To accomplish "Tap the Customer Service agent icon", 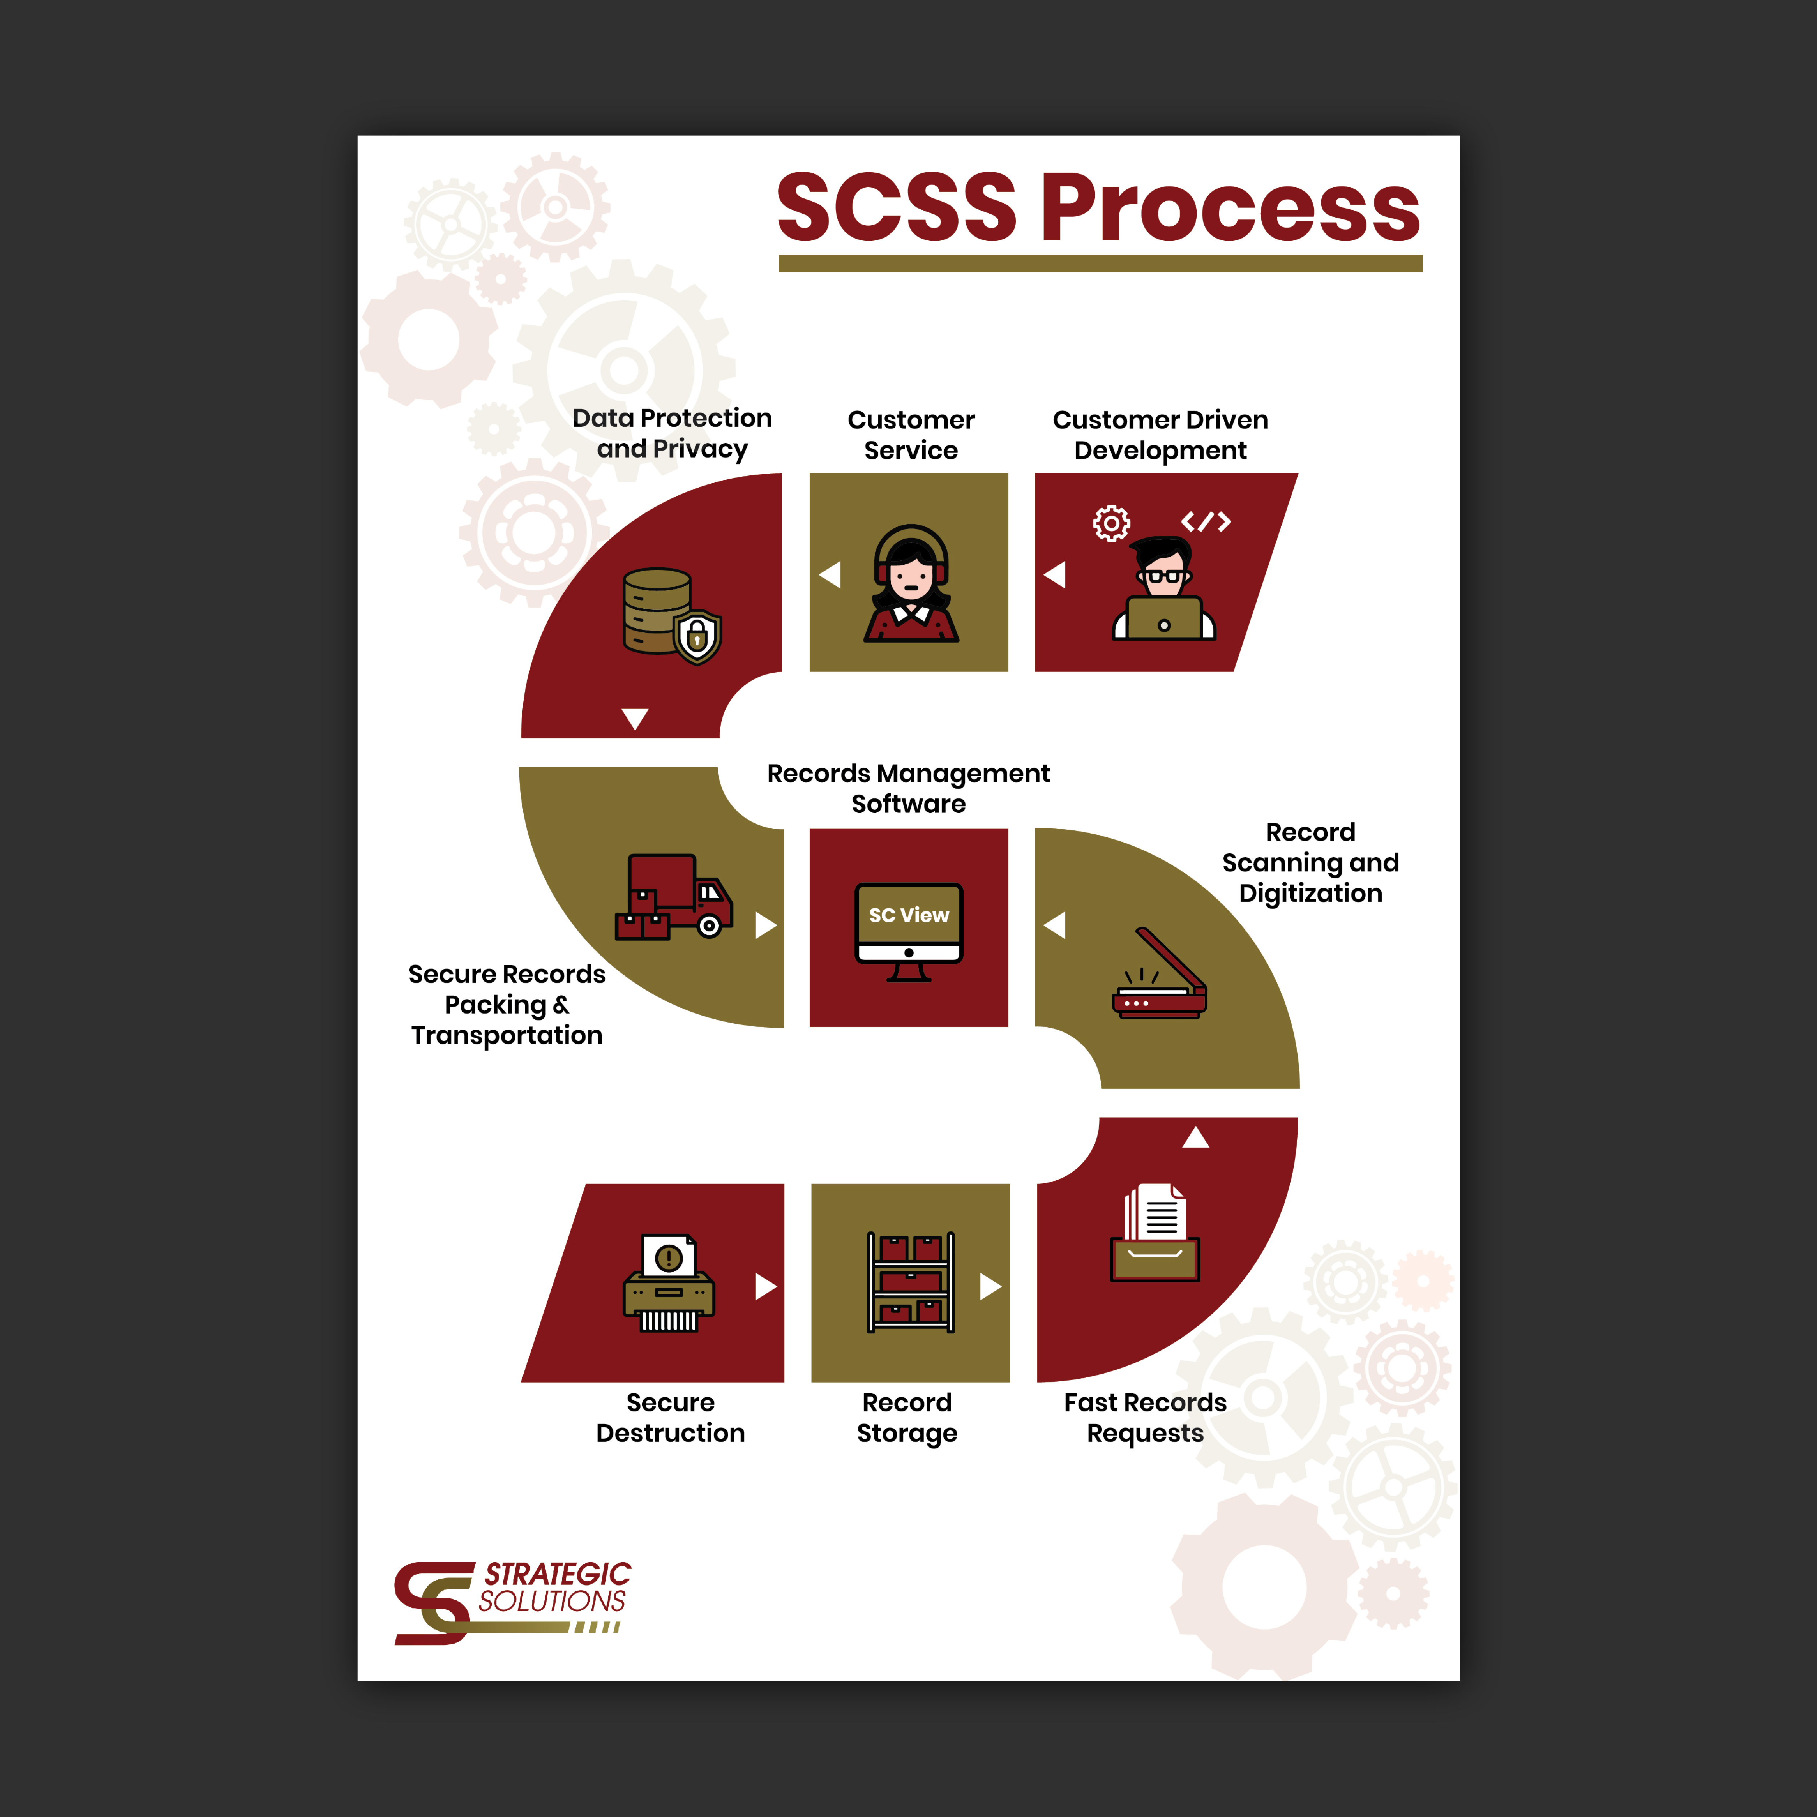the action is coord(910,583).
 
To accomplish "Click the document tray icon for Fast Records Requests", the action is coord(1155,1232).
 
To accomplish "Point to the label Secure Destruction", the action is coord(670,1417).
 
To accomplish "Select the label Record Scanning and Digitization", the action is coord(1310,862).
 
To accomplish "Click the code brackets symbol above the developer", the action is coord(1206,521).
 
